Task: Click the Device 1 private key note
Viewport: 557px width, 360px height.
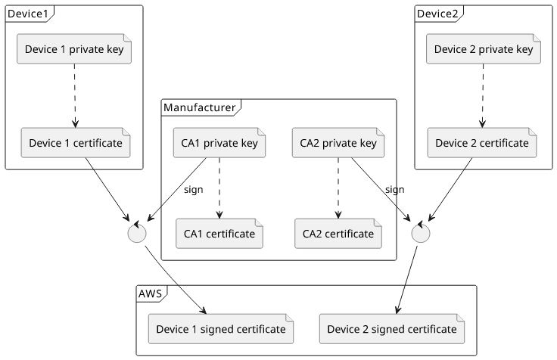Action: click(x=74, y=49)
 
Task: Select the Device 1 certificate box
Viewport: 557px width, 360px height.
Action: click(x=76, y=143)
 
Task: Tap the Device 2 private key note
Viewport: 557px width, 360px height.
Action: click(x=484, y=49)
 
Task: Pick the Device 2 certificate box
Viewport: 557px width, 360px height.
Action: click(x=482, y=143)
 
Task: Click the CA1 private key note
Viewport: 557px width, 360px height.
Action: click(x=219, y=143)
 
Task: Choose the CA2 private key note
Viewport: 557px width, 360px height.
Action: click(x=338, y=143)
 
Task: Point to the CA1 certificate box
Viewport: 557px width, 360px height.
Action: click(x=219, y=234)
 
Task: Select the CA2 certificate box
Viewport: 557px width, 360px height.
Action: click(x=338, y=234)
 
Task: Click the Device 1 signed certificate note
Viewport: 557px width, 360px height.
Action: click(x=221, y=329)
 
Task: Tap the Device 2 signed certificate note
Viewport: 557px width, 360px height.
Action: click(x=392, y=329)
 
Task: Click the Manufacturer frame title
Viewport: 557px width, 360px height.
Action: click(x=199, y=107)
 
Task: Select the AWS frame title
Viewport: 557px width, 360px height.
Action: click(x=151, y=293)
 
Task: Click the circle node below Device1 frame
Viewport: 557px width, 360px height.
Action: click(x=137, y=233)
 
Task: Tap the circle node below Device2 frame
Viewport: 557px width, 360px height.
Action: click(x=421, y=233)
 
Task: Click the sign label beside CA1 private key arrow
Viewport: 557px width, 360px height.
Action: click(x=193, y=190)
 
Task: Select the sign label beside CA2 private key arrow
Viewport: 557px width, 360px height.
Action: click(x=394, y=190)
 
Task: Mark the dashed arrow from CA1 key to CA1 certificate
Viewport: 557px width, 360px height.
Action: click(x=219, y=188)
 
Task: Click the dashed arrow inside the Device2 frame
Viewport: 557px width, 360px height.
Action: click(x=483, y=96)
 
